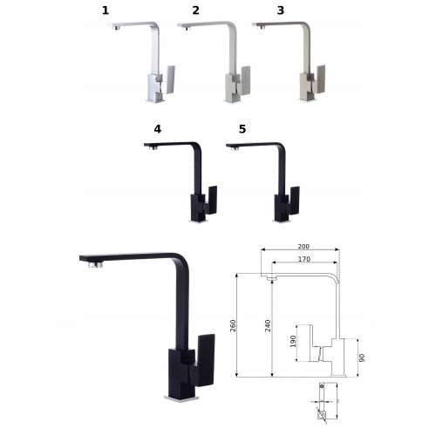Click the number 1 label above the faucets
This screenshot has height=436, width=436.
[x=106, y=10]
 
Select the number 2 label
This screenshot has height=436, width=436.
[x=195, y=10]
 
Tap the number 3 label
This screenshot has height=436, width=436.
[x=280, y=10]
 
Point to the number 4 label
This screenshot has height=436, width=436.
[x=158, y=129]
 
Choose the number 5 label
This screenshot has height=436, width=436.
[x=242, y=129]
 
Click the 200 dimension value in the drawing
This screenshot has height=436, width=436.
[x=303, y=247]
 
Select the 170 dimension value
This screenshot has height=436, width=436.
[x=304, y=259]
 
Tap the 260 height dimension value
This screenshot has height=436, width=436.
[x=233, y=326]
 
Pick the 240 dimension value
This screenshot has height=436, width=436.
[x=268, y=326]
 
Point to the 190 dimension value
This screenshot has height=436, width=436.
[x=293, y=341]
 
